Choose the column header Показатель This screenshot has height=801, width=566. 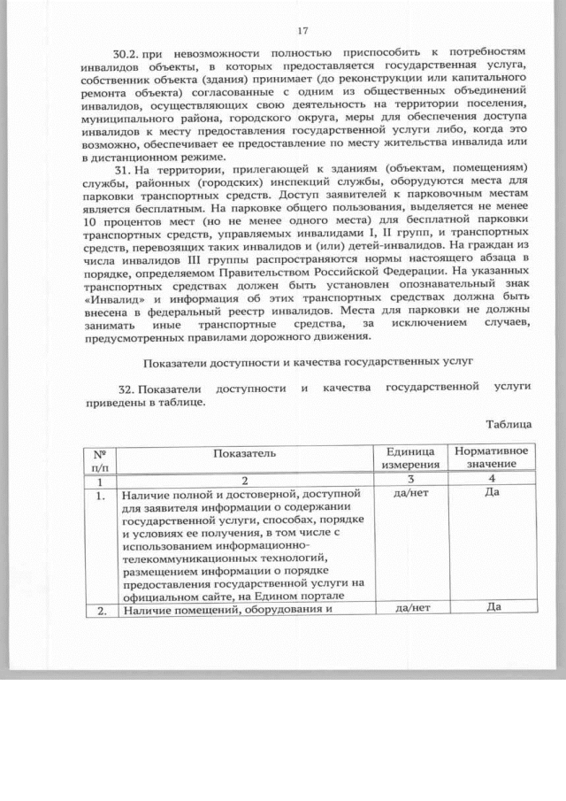tap(243, 453)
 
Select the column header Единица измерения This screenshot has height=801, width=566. tap(409, 458)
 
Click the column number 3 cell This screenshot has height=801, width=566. tap(409, 479)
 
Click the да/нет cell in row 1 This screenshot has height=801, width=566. tap(409, 494)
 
